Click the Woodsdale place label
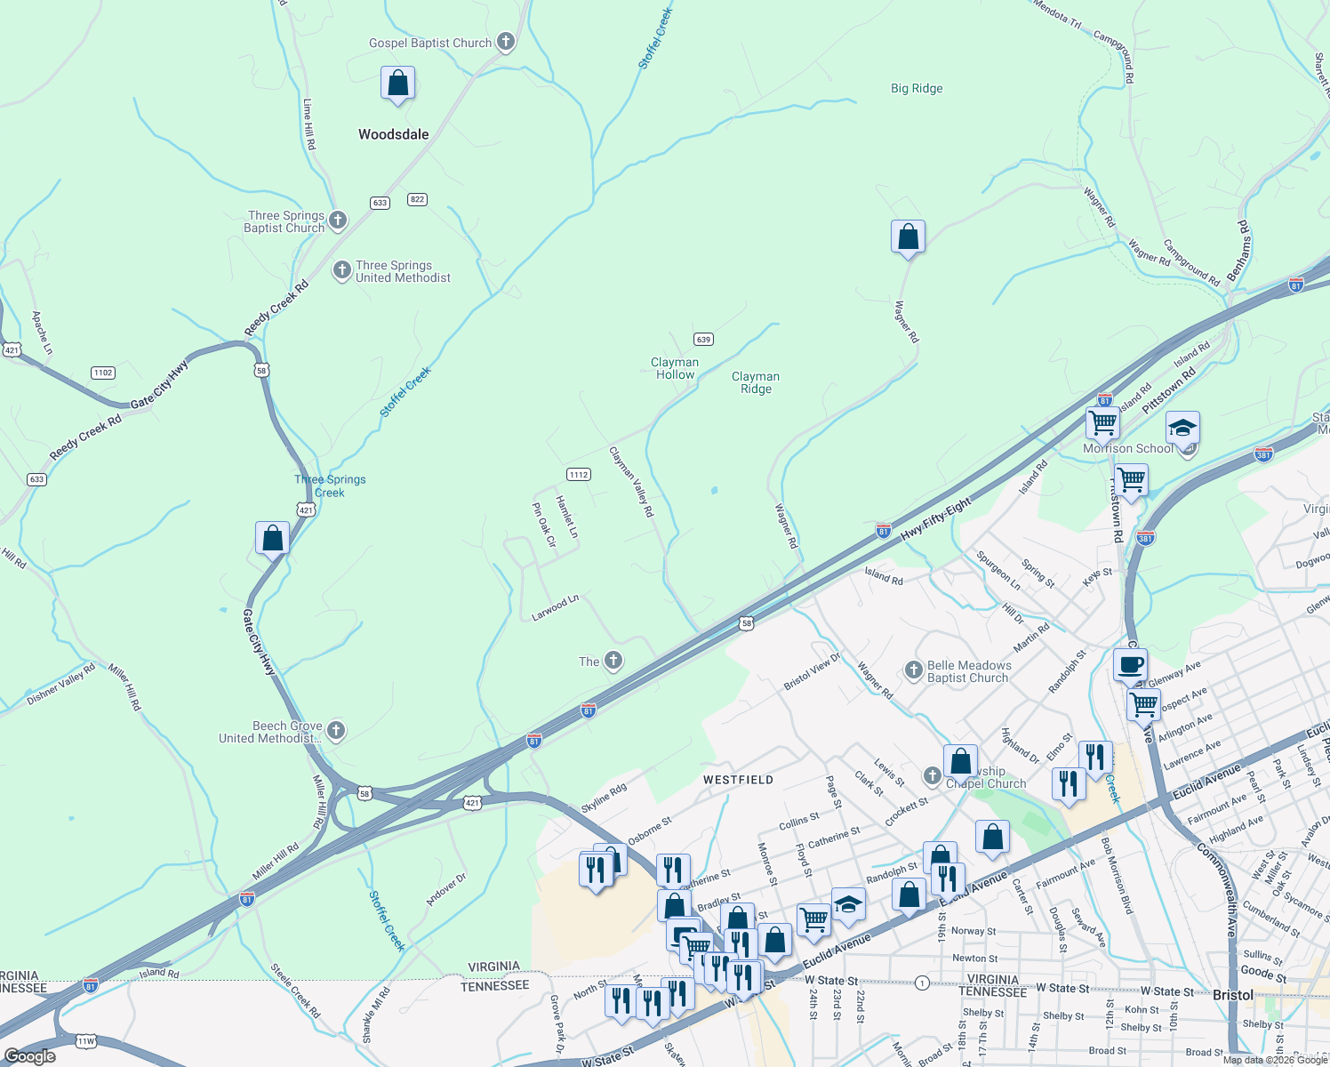point(393,134)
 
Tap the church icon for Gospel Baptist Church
point(505,42)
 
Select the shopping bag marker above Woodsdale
point(397,84)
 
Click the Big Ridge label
point(917,89)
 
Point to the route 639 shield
point(703,340)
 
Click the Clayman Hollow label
point(675,368)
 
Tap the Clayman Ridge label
point(756,382)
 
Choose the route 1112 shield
point(579,474)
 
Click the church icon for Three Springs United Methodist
point(341,270)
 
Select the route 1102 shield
point(103,373)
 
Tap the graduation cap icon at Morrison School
point(1182,429)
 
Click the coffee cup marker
point(1130,664)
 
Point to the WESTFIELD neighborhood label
point(738,780)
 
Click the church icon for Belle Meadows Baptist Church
point(913,670)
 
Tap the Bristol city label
point(1232,995)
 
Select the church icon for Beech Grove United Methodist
point(335,731)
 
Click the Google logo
point(29,1056)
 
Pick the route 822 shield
point(417,199)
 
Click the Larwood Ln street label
point(555,608)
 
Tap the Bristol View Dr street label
point(812,672)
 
